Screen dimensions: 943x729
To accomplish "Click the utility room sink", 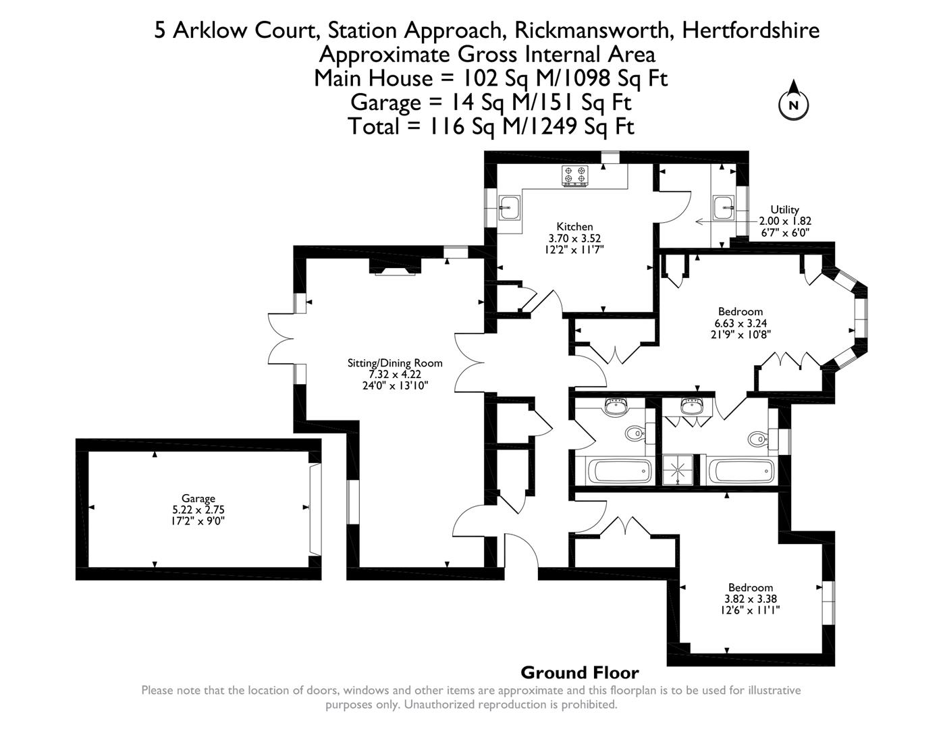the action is pyautogui.click(x=724, y=208).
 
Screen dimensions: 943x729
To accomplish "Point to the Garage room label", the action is pyautogui.click(x=198, y=499).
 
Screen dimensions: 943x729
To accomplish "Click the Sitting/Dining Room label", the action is pyautogui.click(x=395, y=362).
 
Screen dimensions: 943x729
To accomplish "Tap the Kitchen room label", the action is pyautogui.click(x=574, y=227).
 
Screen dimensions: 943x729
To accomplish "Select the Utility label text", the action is pyautogui.click(x=784, y=209).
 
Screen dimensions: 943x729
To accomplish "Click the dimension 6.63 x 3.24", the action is pyautogui.click(x=740, y=323).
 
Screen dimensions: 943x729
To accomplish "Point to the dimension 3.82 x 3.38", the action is pyautogui.click(x=751, y=599).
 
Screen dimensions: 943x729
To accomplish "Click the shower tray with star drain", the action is pyautogui.click(x=678, y=470).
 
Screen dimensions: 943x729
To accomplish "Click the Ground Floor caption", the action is pyautogui.click(x=580, y=672).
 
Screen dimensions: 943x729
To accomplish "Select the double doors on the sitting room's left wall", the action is pyautogui.click(x=281, y=338).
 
